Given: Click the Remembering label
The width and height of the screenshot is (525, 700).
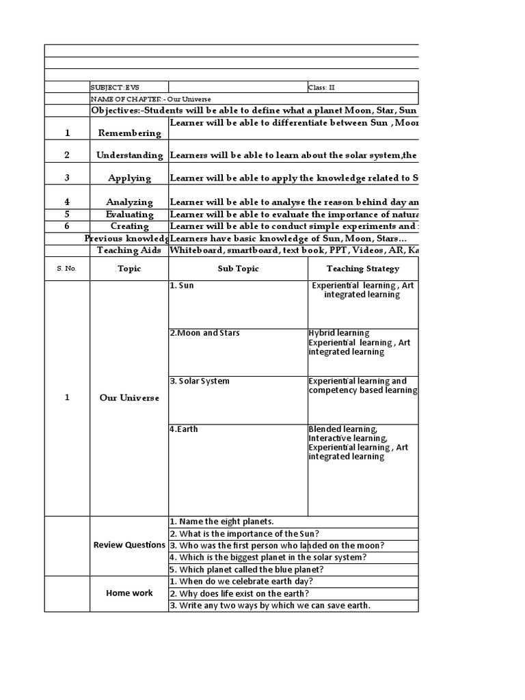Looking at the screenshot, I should point(129,133).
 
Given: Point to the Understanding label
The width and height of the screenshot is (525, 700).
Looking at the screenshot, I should point(129,155).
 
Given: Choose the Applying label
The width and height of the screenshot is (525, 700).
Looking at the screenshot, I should point(129,178).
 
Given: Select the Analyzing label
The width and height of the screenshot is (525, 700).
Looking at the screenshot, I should point(129,202).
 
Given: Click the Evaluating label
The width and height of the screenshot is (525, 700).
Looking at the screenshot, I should point(129,215).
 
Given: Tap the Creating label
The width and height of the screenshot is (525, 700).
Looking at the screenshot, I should point(129,226).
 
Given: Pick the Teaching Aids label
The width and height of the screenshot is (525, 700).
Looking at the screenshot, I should point(129,250).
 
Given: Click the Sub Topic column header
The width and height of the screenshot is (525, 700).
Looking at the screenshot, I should point(238,269).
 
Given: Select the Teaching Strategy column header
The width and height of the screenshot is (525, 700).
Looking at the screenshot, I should point(362,269).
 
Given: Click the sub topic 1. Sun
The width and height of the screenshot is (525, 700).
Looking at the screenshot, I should point(182,286).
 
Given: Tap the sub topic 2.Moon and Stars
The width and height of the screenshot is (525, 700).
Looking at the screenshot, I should point(204,334).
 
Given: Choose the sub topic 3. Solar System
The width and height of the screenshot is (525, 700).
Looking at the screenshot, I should point(200,381).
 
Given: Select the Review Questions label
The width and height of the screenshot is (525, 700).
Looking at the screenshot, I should point(129,545).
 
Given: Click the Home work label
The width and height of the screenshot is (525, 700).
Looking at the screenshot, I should point(129,593).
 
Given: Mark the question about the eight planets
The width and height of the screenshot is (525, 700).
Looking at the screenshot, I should point(221,522).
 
